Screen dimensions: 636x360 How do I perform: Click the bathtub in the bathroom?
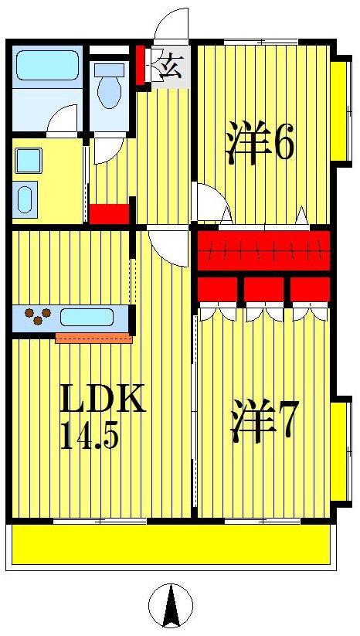(x=47, y=66)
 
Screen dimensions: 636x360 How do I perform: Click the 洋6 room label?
(x=260, y=143)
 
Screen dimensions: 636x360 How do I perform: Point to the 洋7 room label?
(x=264, y=423)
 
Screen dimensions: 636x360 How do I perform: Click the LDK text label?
(x=103, y=400)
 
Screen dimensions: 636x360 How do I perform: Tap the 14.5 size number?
(x=89, y=437)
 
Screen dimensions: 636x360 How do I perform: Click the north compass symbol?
(x=170, y=605)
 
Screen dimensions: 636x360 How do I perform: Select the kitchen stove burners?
(x=37, y=316)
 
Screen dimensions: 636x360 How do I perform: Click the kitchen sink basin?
(x=87, y=317)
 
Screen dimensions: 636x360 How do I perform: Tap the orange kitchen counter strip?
(x=94, y=338)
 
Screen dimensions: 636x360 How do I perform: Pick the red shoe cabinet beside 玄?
(x=141, y=66)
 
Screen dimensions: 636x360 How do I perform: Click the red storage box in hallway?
(x=109, y=213)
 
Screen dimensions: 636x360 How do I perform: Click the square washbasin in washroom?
(x=29, y=161)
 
